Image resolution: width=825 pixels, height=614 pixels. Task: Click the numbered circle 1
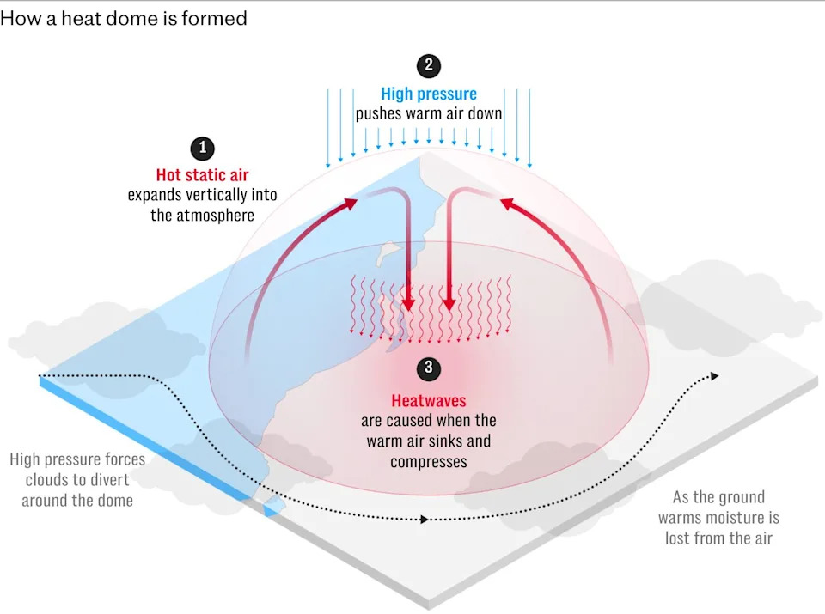203,149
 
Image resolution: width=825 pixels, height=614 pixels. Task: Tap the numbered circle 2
428,66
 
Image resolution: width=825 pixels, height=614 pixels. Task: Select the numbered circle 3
428,368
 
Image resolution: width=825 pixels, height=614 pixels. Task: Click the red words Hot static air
202,174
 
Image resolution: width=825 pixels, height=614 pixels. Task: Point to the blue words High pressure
429,94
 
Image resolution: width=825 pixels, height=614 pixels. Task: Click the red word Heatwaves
428,400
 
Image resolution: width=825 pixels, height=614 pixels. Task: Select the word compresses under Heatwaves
428,462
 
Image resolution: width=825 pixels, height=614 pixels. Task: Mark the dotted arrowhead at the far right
714,376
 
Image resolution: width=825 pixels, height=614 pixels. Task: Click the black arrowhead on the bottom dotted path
424,520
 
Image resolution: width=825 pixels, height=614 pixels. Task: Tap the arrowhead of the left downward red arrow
408,304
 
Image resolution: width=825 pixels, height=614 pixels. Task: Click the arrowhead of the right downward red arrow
449,304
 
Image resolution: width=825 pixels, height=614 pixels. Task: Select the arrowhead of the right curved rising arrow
507,203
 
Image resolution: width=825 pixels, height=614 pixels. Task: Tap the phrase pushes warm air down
428,114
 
